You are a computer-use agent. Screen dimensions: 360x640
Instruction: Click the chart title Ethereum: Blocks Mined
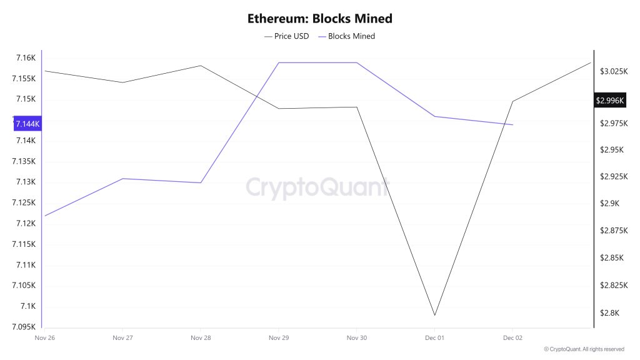[x=319, y=19]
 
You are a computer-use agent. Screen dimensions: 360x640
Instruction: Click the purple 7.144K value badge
[x=27, y=124]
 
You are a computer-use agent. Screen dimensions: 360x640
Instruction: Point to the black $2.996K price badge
[x=611, y=100]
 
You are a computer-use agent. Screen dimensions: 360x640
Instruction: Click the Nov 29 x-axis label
[x=278, y=338]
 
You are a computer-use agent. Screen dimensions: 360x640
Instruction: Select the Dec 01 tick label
[x=434, y=338]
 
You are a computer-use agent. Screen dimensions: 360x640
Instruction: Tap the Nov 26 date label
[x=44, y=338]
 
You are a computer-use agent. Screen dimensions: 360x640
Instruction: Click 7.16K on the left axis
[x=25, y=58]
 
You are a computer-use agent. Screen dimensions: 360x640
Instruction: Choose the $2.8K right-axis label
[x=609, y=313]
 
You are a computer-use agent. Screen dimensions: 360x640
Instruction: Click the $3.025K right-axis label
[x=612, y=72]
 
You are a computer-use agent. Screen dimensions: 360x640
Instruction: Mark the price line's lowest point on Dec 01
[x=434, y=315]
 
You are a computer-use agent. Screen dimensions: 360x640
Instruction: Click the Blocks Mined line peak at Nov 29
[x=278, y=62]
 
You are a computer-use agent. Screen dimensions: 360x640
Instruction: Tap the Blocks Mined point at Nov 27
[x=122, y=179]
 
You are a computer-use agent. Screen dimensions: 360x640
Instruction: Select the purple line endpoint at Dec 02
[x=512, y=125]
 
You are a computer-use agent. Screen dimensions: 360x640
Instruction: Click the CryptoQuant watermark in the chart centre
[x=317, y=187]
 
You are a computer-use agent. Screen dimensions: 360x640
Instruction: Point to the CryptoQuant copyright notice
[x=584, y=349]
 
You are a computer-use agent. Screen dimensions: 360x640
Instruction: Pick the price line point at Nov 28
[x=200, y=66]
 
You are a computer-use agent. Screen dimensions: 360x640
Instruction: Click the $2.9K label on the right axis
[x=609, y=204]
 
